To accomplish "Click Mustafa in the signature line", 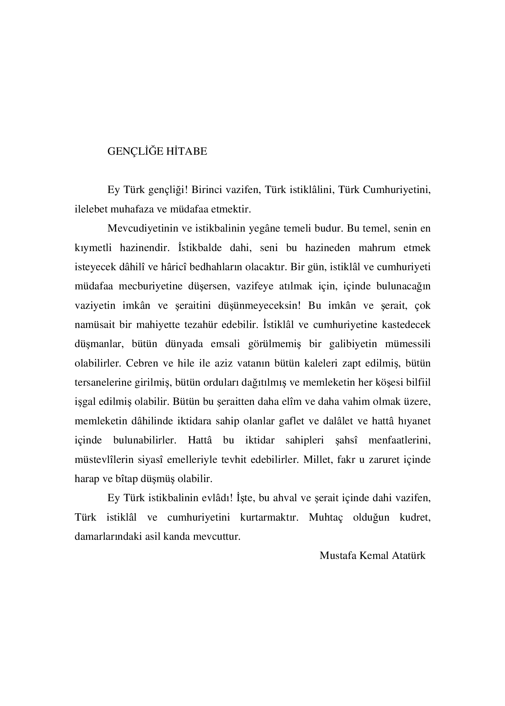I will coord(338,556).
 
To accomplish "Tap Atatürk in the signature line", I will coord(410,556).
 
